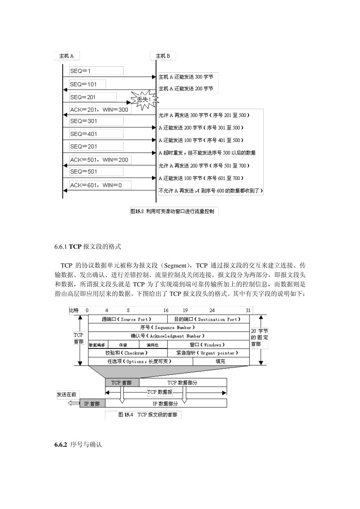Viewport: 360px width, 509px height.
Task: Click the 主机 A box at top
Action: coord(67,56)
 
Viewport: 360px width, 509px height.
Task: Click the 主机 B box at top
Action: coord(163,56)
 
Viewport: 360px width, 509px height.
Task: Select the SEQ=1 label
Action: coord(96,71)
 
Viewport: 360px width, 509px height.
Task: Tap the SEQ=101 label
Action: coord(88,84)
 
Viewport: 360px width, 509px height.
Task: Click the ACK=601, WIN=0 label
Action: coord(100,185)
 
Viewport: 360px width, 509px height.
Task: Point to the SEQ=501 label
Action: coord(96,172)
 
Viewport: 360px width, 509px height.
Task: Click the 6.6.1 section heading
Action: coord(88,247)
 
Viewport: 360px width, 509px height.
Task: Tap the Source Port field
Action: coord(127,319)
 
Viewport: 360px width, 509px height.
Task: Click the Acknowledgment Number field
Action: coord(167,336)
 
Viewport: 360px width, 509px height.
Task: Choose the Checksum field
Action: coord(127,353)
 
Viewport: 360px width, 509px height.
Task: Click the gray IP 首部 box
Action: coord(92,404)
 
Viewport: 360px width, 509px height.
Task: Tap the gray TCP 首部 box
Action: coord(122,383)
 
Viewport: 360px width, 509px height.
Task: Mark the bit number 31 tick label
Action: coord(248,310)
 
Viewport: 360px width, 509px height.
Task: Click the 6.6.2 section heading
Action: coord(78,444)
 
